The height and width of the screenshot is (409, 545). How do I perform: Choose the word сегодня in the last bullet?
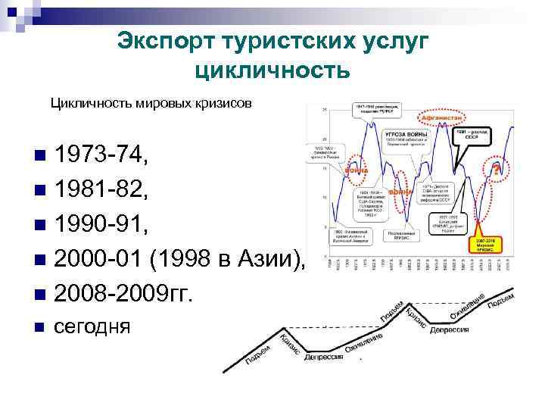tap(93, 328)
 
